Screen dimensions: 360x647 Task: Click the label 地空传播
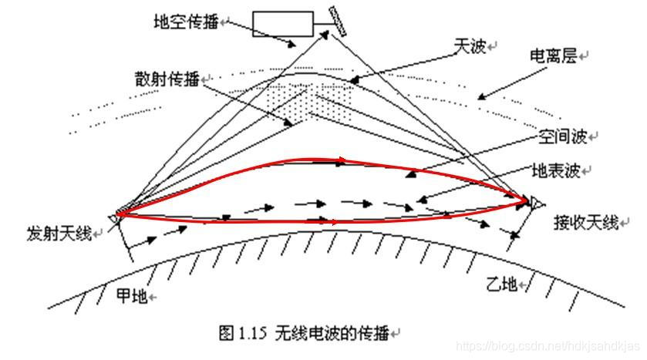point(185,22)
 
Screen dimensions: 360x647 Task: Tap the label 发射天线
point(58,232)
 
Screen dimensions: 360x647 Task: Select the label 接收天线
point(586,223)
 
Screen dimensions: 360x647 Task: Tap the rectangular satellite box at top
point(284,24)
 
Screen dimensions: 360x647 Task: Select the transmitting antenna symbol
point(116,215)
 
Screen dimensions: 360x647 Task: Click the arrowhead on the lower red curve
point(334,222)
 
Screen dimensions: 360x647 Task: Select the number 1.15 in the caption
point(250,333)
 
